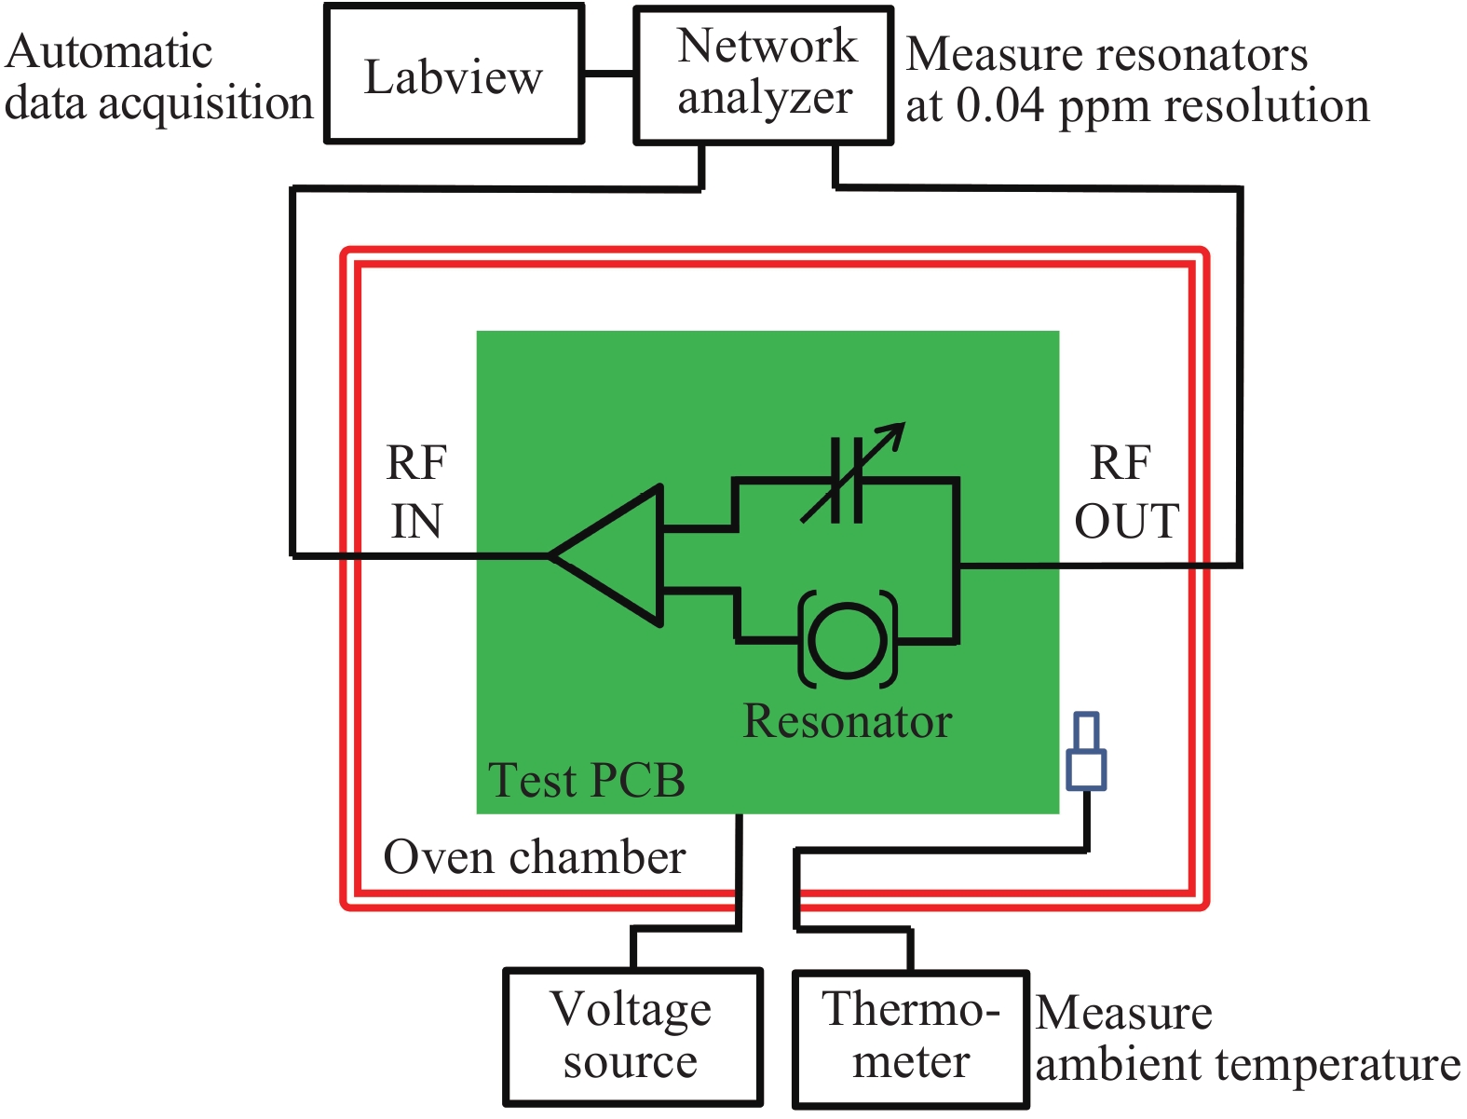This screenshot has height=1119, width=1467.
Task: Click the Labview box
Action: point(454,74)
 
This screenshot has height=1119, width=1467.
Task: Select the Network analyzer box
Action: point(764,75)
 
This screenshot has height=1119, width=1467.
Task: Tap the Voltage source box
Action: point(632,1037)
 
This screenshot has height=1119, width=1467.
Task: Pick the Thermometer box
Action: point(911,1039)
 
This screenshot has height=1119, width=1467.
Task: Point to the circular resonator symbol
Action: point(848,640)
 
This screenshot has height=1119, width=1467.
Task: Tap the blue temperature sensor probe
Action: point(1086,752)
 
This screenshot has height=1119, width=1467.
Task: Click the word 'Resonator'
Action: point(847,721)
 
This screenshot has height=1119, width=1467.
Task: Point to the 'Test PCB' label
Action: point(587,781)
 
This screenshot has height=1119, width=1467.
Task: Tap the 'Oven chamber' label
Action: point(535,857)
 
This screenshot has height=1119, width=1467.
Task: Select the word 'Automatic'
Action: point(109,52)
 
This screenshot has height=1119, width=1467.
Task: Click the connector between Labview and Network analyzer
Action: point(608,74)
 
